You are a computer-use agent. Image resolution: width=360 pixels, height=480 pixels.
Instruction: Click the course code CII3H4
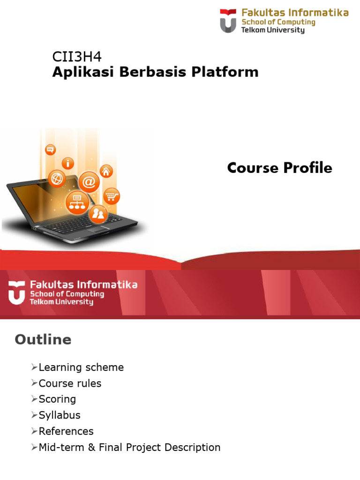click(77, 57)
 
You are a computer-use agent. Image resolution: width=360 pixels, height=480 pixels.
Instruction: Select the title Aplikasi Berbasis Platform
click(155, 72)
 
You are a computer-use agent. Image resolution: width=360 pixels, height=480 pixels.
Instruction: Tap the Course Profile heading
click(279, 168)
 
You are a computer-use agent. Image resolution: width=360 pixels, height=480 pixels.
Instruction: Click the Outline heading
click(43, 340)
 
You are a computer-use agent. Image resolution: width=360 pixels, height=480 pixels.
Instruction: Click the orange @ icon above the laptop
click(89, 180)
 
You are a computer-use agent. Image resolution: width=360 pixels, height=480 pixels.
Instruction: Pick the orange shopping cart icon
click(111, 195)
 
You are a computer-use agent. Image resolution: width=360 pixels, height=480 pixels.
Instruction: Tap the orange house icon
click(106, 171)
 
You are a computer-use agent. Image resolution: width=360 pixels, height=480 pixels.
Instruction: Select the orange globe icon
click(57, 179)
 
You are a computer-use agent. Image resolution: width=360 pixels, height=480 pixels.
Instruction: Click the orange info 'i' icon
click(68, 164)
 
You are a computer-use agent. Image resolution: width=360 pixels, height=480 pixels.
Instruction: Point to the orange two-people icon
click(98, 214)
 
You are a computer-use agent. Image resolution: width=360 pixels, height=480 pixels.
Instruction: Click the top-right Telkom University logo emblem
click(228, 22)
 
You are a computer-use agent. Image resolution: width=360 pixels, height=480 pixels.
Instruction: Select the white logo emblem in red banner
click(16, 292)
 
